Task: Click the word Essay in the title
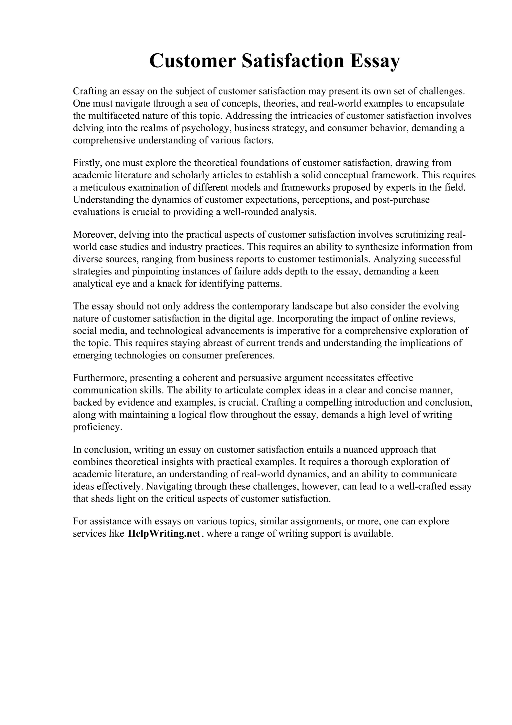pyautogui.click(x=374, y=61)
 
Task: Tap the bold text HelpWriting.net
pyautogui.click(x=164, y=533)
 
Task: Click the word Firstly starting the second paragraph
pyautogui.click(x=87, y=163)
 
